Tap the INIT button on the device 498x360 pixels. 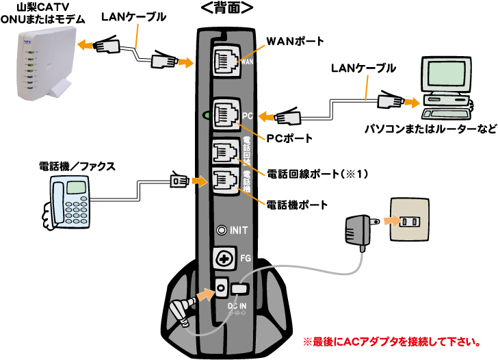[x=221, y=231]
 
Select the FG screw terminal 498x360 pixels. [x=222, y=258]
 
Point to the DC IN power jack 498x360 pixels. [x=221, y=287]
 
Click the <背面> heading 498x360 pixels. [x=227, y=8]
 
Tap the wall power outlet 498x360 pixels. [x=412, y=222]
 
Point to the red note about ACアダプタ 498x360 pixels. [x=390, y=340]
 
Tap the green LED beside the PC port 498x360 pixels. [x=204, y=115]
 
